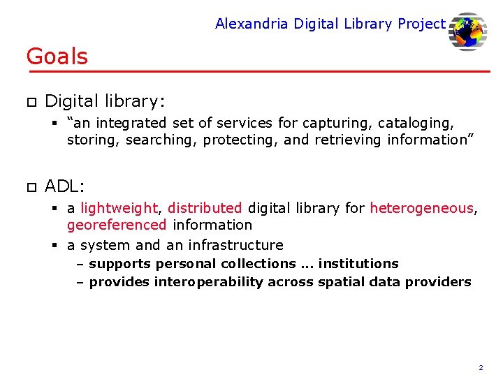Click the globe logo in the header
pos(467,31)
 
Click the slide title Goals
pos(57,57)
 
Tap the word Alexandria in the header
pos(251,24)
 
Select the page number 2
pos(481,367)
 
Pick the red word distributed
pos(205,207)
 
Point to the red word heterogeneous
pos(421,207)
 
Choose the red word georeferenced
pos(117,225)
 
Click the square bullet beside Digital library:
pos(31,102)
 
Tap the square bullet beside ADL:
pos(31,187)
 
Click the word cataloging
pos(416,124)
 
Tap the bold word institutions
pos(358,264)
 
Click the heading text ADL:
pos(65,186)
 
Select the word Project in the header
pos(421,24)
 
